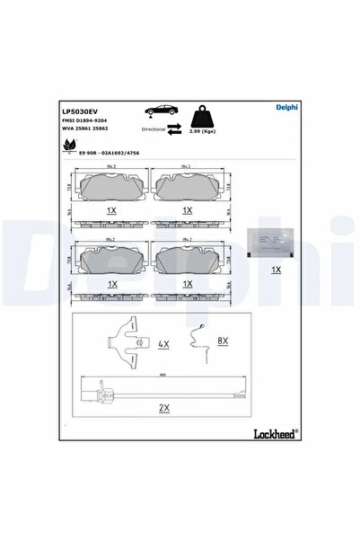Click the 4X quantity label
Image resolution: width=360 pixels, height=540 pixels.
click(162, 343)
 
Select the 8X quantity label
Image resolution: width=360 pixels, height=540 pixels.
click(224, 341)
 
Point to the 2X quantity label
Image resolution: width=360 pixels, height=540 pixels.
click(163, 407)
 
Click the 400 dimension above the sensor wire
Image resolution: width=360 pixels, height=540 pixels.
click(162, 376)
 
